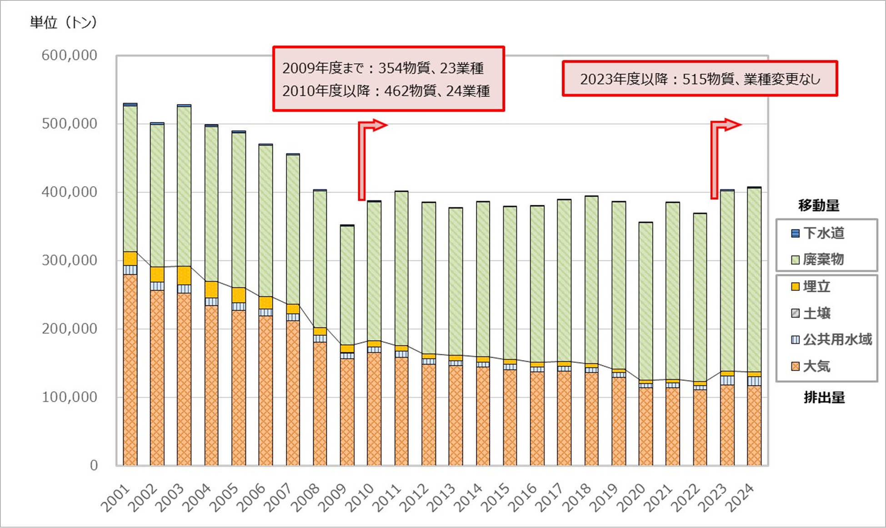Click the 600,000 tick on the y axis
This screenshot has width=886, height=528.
point(69,55)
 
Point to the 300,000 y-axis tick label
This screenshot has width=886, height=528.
point(69,260)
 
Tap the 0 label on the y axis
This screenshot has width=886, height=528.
point(94,465)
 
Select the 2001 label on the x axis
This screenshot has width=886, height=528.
point(116,498)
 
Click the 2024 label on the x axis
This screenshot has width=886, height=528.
point(741,498)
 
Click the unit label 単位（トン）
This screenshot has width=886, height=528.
point(64,22)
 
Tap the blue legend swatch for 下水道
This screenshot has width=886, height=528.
point(795,234)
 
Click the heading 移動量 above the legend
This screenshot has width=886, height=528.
point(819,205)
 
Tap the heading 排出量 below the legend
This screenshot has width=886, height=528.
point(824,398)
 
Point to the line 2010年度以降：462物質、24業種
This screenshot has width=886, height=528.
point(386,91)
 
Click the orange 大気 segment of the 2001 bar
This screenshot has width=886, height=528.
point(130,368)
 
